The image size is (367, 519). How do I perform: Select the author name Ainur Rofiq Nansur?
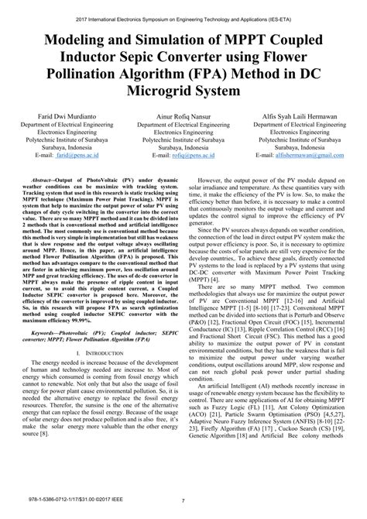click(x=183, y=114)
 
